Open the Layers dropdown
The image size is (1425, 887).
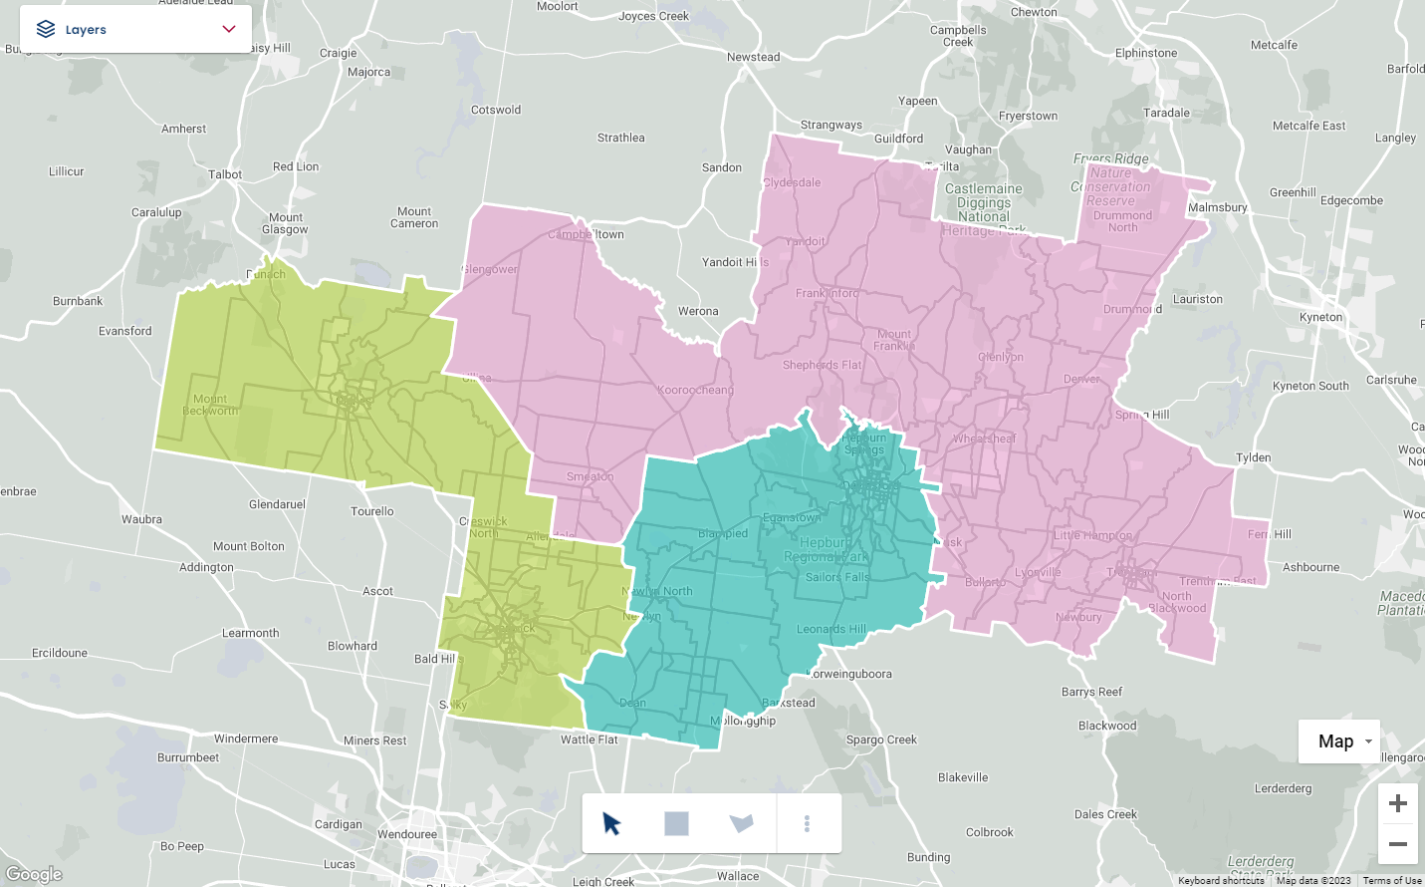135,29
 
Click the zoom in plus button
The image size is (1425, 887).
1397,803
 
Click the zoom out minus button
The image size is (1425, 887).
1397,844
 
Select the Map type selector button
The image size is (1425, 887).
1338,740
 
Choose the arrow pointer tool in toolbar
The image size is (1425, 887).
611,823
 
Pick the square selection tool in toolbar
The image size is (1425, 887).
676,823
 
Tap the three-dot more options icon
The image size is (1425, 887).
807,823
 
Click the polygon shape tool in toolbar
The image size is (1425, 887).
741,823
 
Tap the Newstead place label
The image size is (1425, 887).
753,57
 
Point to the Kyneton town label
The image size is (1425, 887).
1320,317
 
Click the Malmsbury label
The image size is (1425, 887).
1217,207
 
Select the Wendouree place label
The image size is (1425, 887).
406,834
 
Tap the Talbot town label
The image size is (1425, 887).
225,174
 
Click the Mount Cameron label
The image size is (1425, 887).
414,217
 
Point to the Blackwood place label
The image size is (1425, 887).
1106,726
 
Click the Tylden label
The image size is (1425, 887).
1253,457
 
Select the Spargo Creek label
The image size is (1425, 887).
880,739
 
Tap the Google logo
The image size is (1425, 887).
34,874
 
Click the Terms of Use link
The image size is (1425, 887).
1391,880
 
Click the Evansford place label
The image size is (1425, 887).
125,331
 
